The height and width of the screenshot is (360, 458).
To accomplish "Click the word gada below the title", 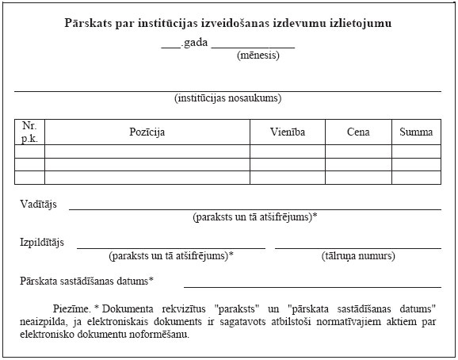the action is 194,42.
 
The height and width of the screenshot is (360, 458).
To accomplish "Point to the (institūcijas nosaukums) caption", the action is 228,99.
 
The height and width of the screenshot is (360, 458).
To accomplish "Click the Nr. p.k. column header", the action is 30,132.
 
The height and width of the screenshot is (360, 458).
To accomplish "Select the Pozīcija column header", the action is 147,132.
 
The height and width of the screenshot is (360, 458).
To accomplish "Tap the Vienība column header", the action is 287,132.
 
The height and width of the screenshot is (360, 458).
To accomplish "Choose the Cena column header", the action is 358,132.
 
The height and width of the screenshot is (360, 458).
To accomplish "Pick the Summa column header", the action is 416,132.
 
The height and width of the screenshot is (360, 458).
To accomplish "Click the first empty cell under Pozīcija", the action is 147,151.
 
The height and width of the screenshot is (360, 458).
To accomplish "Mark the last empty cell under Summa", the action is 416,177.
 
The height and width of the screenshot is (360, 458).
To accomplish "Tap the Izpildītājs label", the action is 42,242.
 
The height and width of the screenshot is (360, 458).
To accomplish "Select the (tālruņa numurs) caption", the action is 358,256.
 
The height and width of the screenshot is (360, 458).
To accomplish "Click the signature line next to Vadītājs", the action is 254,209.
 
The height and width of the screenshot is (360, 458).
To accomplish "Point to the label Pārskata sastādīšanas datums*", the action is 87,281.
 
